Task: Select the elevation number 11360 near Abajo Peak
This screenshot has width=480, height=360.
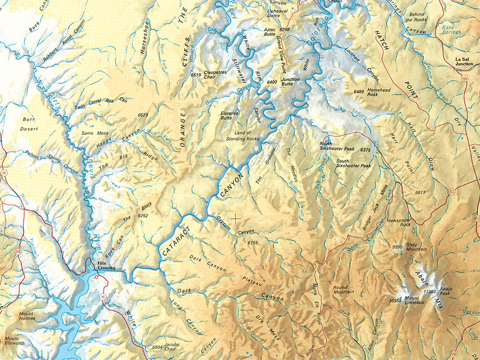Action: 429,292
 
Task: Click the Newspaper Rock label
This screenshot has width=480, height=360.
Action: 398,223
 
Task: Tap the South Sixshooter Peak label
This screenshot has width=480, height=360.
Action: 353,163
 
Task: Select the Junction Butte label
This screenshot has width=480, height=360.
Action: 290,82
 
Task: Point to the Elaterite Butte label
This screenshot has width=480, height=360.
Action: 230,116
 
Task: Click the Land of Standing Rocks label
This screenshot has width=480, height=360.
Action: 242,136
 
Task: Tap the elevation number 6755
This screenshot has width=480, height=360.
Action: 253,242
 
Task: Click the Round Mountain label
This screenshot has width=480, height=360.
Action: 344,289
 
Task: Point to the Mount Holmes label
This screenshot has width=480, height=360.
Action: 27,316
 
